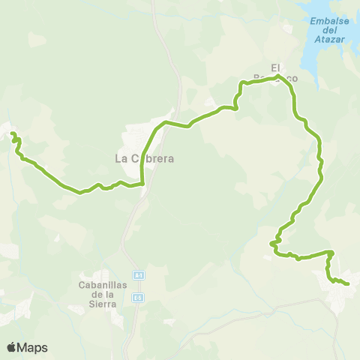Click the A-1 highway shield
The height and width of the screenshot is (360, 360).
point(138,274)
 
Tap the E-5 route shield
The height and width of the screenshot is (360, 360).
point(138,298)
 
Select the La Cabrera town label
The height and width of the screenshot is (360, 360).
point(144,158)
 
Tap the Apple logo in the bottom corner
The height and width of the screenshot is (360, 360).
point(12,347)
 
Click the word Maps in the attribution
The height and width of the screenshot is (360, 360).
point(34,347)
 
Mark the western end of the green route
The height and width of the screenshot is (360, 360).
point(12,134)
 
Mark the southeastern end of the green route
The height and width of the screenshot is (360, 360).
point(349,283)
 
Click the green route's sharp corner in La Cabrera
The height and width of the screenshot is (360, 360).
point(142,182)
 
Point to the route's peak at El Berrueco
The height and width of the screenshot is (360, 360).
point(277,76)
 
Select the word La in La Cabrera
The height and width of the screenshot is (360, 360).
point(121,158)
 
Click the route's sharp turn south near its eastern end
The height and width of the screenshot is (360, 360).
point(331,252)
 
